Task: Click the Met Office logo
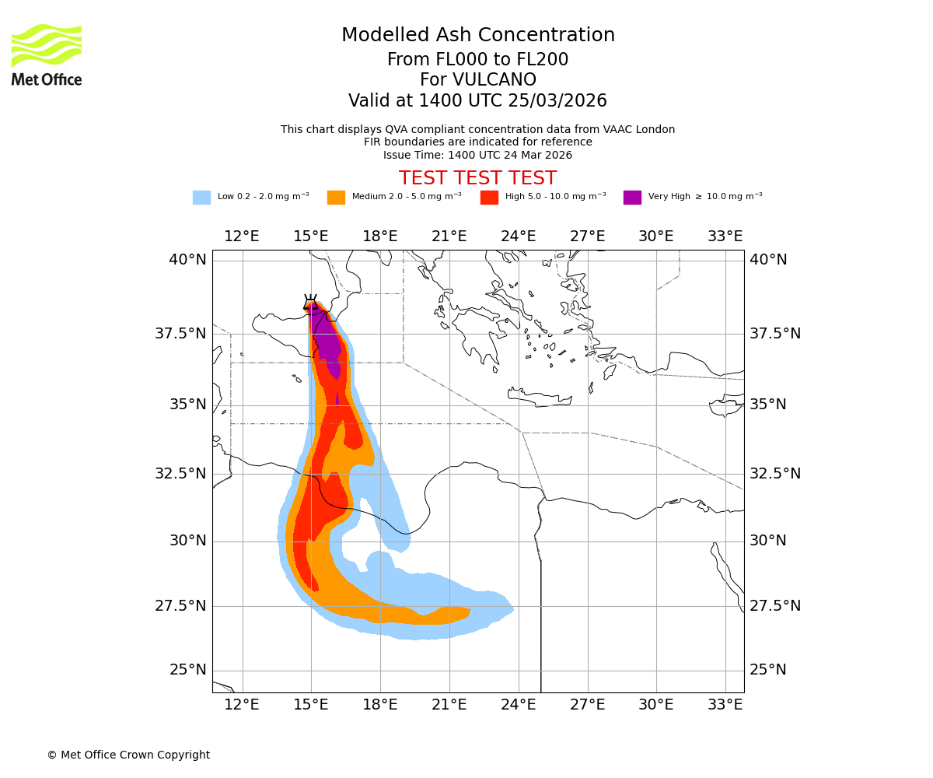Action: click(x=47, y=54)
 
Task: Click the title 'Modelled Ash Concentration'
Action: click(x=478, y=36)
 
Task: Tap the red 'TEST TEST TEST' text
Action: click(x=477, y=178)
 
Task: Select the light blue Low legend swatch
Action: click(x=201, y=198)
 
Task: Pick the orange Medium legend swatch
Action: click(x=336, y=198)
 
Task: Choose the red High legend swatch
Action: click(x=489, y=198)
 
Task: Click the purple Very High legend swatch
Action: click(x=632, y=198)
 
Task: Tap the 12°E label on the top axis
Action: click(x=242, y=237)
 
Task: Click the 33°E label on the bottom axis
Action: click(x=725, y=705)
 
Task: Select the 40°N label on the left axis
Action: click(x=187, y=260)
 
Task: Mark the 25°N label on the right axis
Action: click(x=767, y=670)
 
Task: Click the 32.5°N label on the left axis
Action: click(x=180, y=474)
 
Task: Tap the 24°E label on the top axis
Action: click(x=518, y=237)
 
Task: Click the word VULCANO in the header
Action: click(x=478, y=80)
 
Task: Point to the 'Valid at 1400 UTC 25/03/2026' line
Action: click(x=477, y=101)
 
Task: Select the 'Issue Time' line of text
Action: click(x=477, y=156)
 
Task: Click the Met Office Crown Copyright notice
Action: click(x=128, y=755)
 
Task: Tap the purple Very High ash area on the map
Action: click(x=327, y=342)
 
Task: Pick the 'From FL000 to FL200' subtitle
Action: click(x=477, y=60)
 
